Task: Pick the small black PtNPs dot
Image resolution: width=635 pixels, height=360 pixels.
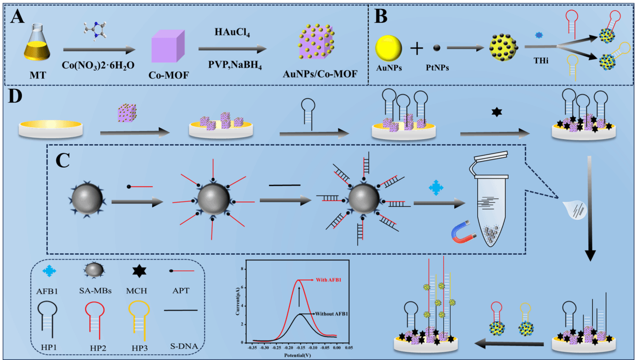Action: coord(436,48)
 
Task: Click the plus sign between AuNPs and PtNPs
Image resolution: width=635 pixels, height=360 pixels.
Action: coord(417,49)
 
